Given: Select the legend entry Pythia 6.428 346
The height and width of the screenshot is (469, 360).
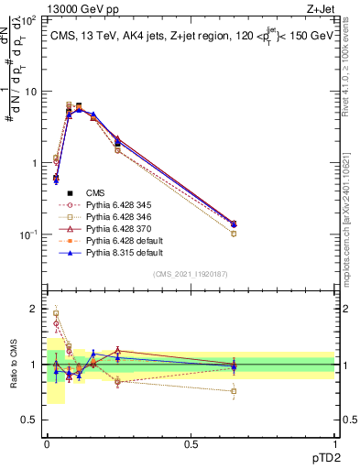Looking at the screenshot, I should point(117,217).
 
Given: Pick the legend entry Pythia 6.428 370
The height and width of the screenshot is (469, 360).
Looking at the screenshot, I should point(117,229).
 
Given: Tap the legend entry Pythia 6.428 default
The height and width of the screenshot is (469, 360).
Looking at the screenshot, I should point(119,241).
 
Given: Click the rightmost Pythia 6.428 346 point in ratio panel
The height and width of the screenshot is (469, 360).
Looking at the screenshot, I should point(234,391).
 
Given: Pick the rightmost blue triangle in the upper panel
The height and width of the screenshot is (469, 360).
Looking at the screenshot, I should point(234,224).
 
